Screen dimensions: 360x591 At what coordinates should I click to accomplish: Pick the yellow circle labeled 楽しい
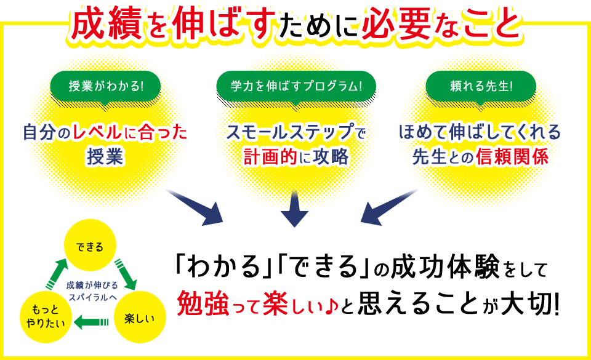pyautogui.click(x=140, y=318)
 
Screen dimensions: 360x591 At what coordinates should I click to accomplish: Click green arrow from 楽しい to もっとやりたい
pyautogui.click(x=91, y=320)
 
